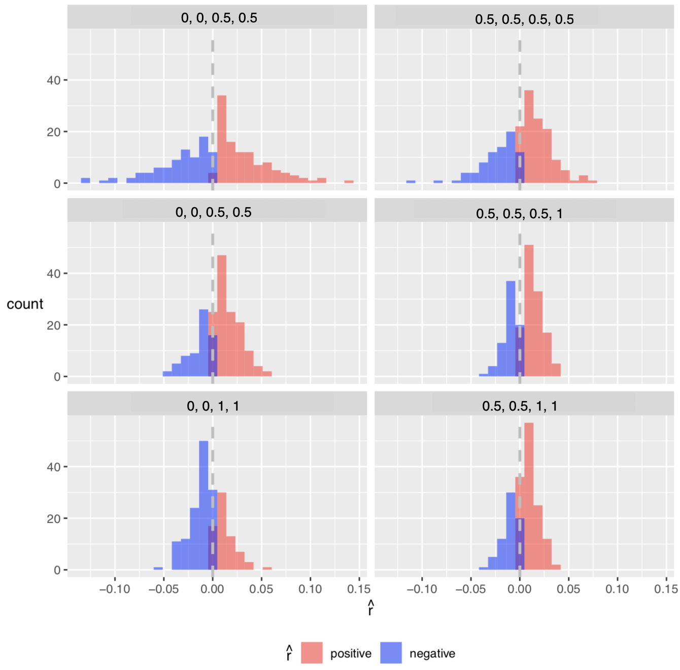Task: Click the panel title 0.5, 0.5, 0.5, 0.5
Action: [524, 19]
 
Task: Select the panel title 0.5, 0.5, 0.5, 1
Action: [519, 214]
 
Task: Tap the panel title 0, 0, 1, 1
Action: [213, 406]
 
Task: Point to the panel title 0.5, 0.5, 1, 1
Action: [520, 406]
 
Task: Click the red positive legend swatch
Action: [312, 653]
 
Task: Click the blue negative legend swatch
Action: [391, 653]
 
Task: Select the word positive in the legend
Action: [351, 653]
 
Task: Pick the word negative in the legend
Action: [432, 653]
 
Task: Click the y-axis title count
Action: [25, 304]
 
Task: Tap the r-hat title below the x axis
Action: [370, 608]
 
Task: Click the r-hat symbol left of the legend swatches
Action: [289, 653]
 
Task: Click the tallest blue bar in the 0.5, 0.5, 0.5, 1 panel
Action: [511, 328]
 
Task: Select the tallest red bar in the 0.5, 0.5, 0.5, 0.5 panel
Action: [529, 137]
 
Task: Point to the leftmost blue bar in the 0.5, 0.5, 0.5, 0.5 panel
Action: [411, 182]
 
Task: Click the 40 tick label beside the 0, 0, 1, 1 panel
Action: [54, 467]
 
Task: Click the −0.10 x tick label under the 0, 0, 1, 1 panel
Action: [115, 589]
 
